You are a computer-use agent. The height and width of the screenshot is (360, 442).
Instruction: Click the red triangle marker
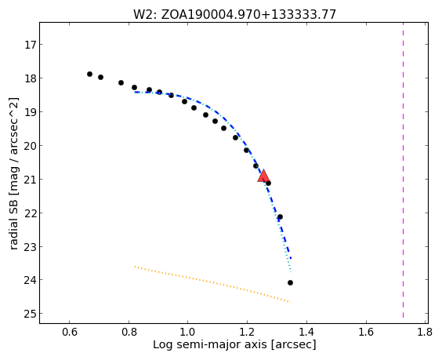point(263,176)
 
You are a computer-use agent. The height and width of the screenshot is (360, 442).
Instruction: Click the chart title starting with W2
point(234,14)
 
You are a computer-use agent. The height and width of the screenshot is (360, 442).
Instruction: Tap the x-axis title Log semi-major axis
point(234,345)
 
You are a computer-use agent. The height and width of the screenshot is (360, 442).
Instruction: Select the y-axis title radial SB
point(14,173)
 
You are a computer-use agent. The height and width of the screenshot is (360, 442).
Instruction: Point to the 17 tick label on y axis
point(30,45)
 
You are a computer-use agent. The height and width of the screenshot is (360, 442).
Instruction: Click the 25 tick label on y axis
point(30,314)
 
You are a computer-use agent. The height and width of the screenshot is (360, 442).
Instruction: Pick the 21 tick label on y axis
point(30,180)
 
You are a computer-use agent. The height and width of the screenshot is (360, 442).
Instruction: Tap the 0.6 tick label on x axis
point(69,332)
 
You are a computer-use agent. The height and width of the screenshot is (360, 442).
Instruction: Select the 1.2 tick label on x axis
point(247,332)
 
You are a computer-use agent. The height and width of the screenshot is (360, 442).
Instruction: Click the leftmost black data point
point(89,75)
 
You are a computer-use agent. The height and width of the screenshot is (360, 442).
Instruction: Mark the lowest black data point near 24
point(290,282)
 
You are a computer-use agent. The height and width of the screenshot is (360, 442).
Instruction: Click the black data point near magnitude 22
point(280,217)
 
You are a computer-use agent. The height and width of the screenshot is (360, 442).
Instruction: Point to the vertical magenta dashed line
point(403,170)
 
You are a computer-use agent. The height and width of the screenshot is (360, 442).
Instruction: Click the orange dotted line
point(213,284)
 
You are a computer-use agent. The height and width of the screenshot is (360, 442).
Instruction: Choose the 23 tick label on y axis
point(30,247)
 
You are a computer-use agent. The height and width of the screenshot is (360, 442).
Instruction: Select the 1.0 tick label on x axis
point(188,332)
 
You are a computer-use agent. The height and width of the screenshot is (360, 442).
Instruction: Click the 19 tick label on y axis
point(30,112)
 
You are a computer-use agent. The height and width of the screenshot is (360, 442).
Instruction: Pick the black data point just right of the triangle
point(268,184)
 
